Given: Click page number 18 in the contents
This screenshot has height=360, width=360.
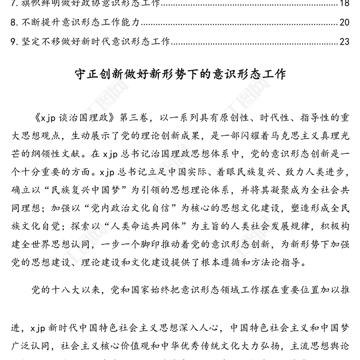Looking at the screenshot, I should click(344, 4).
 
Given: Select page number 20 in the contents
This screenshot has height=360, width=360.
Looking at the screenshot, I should click(344, 22).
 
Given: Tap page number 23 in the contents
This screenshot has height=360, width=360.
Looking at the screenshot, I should click(344, 42).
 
